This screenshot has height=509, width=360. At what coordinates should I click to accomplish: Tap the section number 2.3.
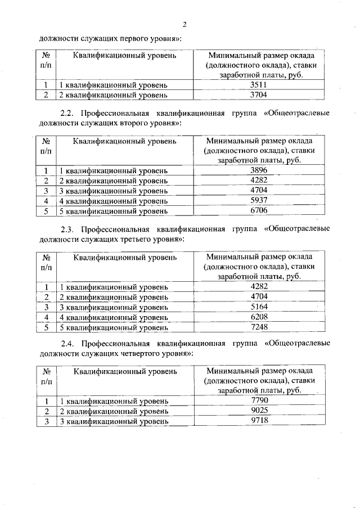67,229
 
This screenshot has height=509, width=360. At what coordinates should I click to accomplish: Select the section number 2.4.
67,343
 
